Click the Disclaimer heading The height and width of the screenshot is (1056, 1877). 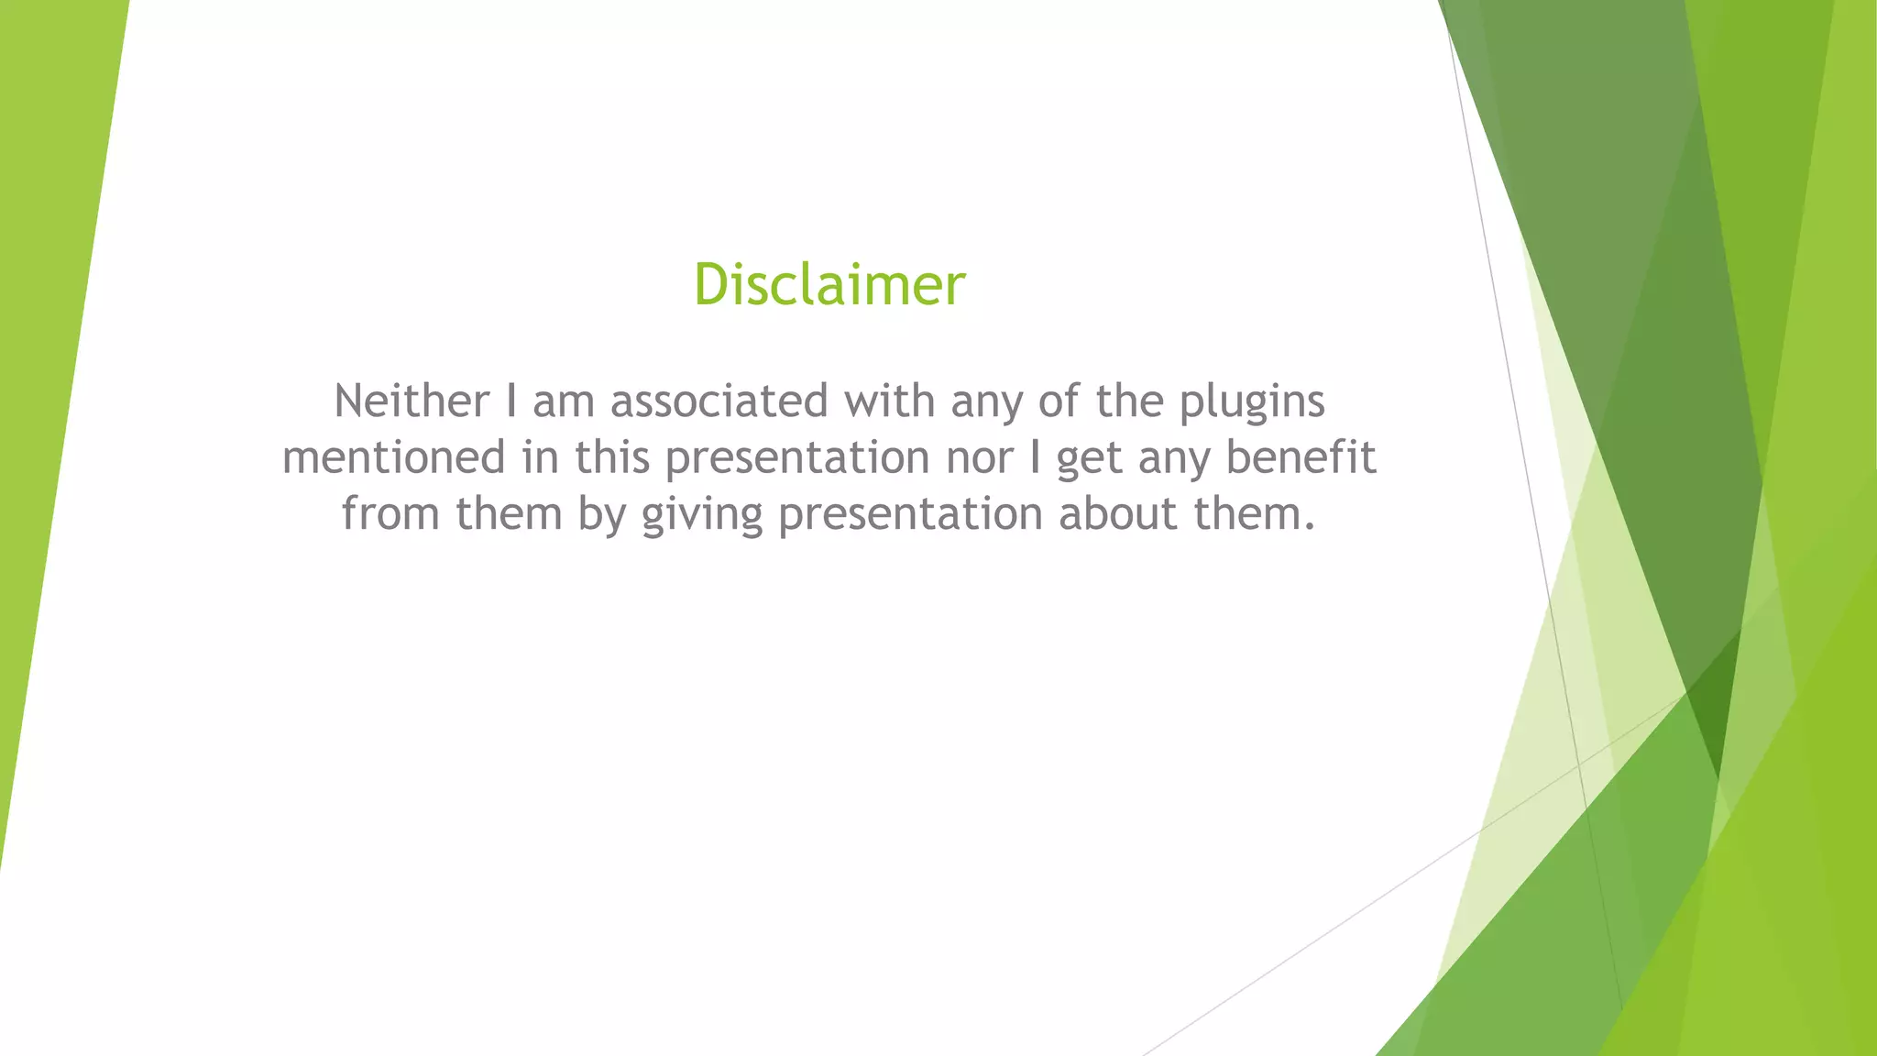pyautogui.click(x=829, y=283)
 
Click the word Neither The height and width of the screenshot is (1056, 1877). pyautogui.click(x=412, y=401)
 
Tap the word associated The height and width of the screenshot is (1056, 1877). pyautogui.click(x=719, y=401)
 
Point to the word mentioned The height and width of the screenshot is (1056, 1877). pyautogui.click(x=394, y=456)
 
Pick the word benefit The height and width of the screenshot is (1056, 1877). pyautogui.click(x=1301, y=456)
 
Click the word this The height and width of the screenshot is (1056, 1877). pyautogui.click(x=612, y=456)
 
